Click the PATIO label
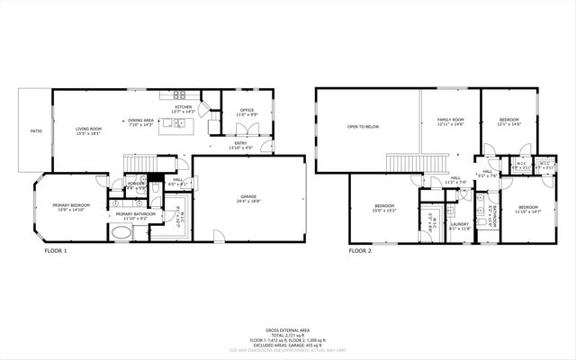pyautogui.click(x=36, y=131)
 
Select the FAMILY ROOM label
pyautogui.click(x=450, y=121)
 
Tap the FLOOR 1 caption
pyautogui.click(x=56, y=251)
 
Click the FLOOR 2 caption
pyautogui.click(x=360, y=251)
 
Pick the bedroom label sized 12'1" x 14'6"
pyautogui.click(x=508, y=123)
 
